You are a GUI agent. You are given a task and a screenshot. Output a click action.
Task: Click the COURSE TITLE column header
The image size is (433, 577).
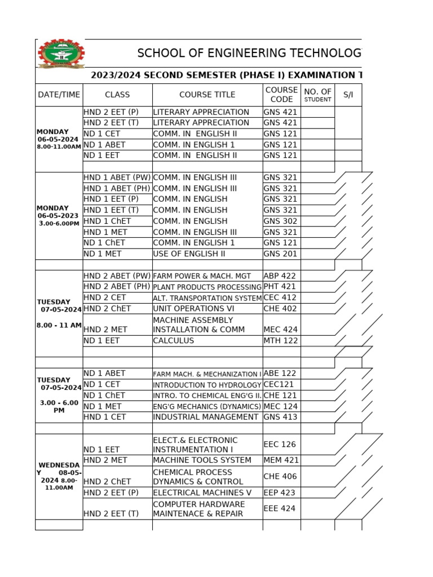[x=207, y=95]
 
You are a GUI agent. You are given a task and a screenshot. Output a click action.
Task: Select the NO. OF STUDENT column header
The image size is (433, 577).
[x=317, y=95]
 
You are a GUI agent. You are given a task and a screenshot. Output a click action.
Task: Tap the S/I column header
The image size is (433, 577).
[x=348, y=95]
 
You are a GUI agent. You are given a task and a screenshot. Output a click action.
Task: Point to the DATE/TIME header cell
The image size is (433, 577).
[x=59, y=95]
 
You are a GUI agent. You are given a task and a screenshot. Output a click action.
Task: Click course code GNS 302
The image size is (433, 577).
[x=280, y=221]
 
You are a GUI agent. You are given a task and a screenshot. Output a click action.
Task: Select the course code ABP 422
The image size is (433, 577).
[x=280, y=276]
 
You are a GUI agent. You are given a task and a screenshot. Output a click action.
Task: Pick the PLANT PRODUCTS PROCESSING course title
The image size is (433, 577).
[x=207, y=287]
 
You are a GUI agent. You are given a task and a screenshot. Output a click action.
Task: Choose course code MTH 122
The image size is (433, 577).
[x=280, y=340]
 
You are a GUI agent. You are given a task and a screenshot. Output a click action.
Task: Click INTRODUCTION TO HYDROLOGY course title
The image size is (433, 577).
[x=207, y=385]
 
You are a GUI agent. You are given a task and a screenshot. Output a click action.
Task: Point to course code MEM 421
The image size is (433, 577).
[x=281, y=460]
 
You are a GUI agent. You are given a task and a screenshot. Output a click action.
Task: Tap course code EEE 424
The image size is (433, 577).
[x=280, y=508]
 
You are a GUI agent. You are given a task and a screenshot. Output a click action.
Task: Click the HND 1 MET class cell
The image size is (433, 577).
[x=105, y=232]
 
